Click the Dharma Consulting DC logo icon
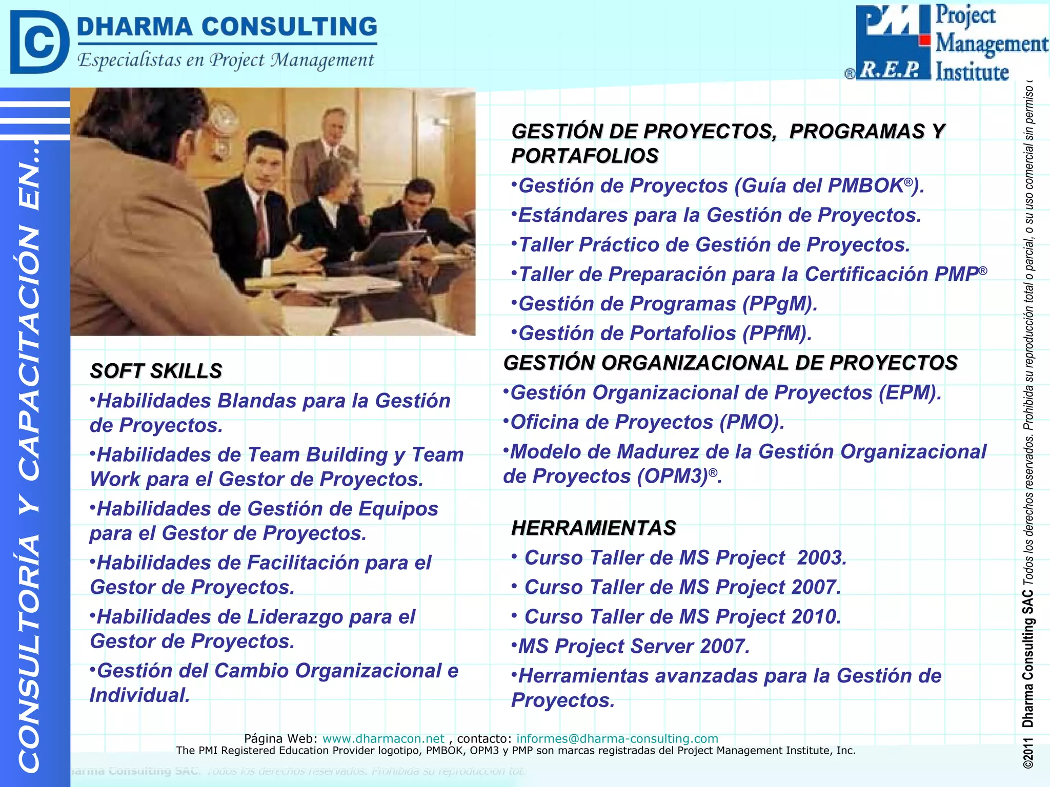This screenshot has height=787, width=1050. [x=39, y=42]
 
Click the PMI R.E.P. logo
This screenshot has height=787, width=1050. [x=893, y=42]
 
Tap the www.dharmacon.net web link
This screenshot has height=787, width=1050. [x=383, y=738]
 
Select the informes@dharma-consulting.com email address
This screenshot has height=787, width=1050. [x=617, y=738]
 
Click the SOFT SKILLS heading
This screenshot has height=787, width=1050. [x=156, y=371]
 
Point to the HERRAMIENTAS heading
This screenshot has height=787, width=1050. [x=594, y=528]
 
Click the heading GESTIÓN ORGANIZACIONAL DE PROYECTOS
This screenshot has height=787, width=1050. [x=730, y=363]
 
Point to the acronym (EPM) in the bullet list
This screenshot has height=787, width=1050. [x=907, y=392]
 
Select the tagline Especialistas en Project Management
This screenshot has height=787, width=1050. [x=226, y=60]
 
